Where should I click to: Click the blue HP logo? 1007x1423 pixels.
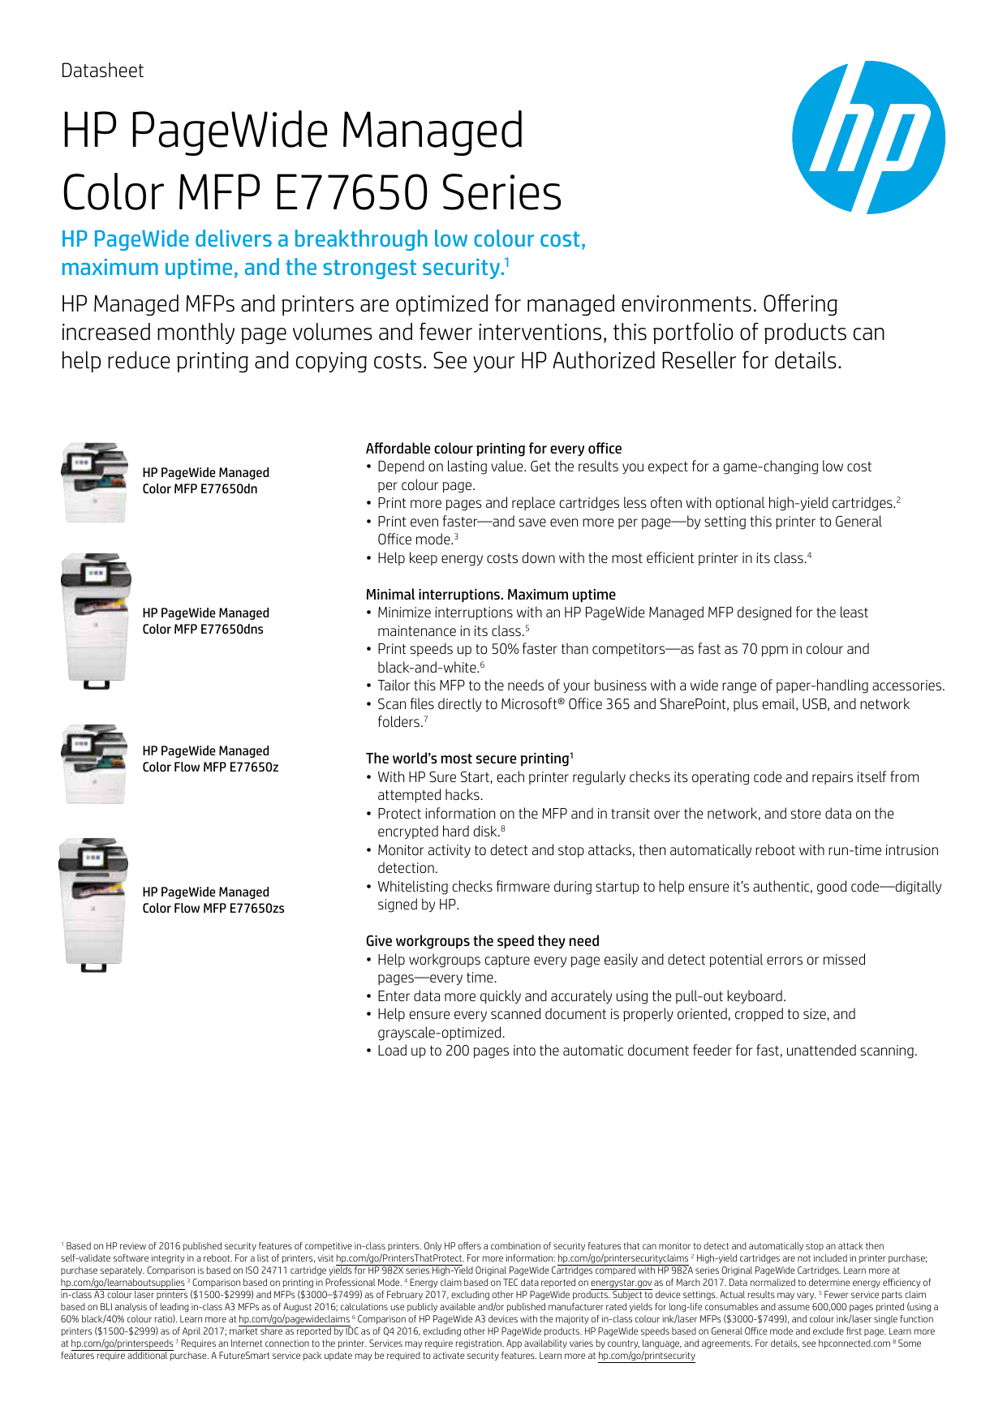tap(868, 137)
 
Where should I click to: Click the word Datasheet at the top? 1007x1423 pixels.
tap(102, 71)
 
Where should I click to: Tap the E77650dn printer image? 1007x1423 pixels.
tap(95, 482)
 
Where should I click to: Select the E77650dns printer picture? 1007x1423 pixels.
tap(96, 621)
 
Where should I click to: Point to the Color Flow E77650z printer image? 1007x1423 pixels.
tap(95, 763)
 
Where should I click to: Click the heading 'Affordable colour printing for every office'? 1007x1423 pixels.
tap(493, 449)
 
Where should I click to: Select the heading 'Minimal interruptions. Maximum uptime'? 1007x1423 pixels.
tap(490, 595)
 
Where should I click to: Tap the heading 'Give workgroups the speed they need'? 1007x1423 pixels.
tap(482, 941)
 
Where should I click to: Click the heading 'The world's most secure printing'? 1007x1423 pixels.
tap(467, 759)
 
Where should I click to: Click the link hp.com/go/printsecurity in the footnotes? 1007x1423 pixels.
tap(647, 1356)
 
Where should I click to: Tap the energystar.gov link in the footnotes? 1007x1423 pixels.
tap(621, 1283)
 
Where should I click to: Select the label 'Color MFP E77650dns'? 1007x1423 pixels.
tap(203, 630)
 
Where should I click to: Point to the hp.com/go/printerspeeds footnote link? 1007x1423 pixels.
tap(122, 1343)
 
